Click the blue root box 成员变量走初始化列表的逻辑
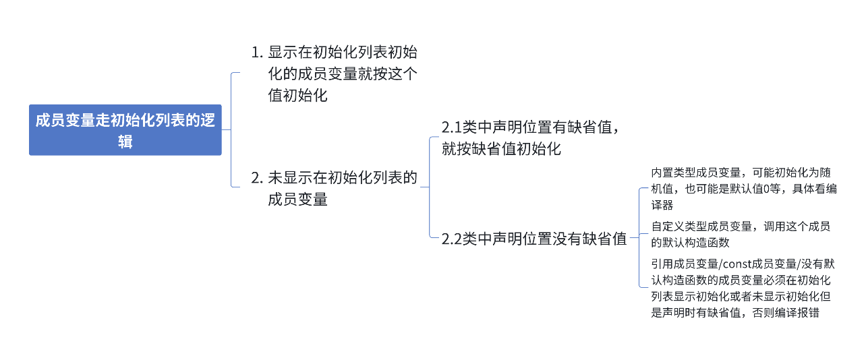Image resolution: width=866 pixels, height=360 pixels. coord(125,130)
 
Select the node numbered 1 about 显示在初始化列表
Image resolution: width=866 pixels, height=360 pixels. coord(334,73)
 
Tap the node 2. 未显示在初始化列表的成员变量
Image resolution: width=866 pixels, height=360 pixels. coord(334,188)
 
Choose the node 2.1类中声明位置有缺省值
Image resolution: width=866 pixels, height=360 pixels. coord(529,138)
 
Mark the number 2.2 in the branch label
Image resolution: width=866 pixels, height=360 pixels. coord(452,239)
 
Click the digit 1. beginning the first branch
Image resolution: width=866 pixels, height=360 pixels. coord(256,53)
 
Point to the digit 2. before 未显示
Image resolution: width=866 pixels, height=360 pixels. coord(256,178)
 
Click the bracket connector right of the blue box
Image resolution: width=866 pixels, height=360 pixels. coord(231,129)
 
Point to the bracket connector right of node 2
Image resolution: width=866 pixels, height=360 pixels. coord(430,187)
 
